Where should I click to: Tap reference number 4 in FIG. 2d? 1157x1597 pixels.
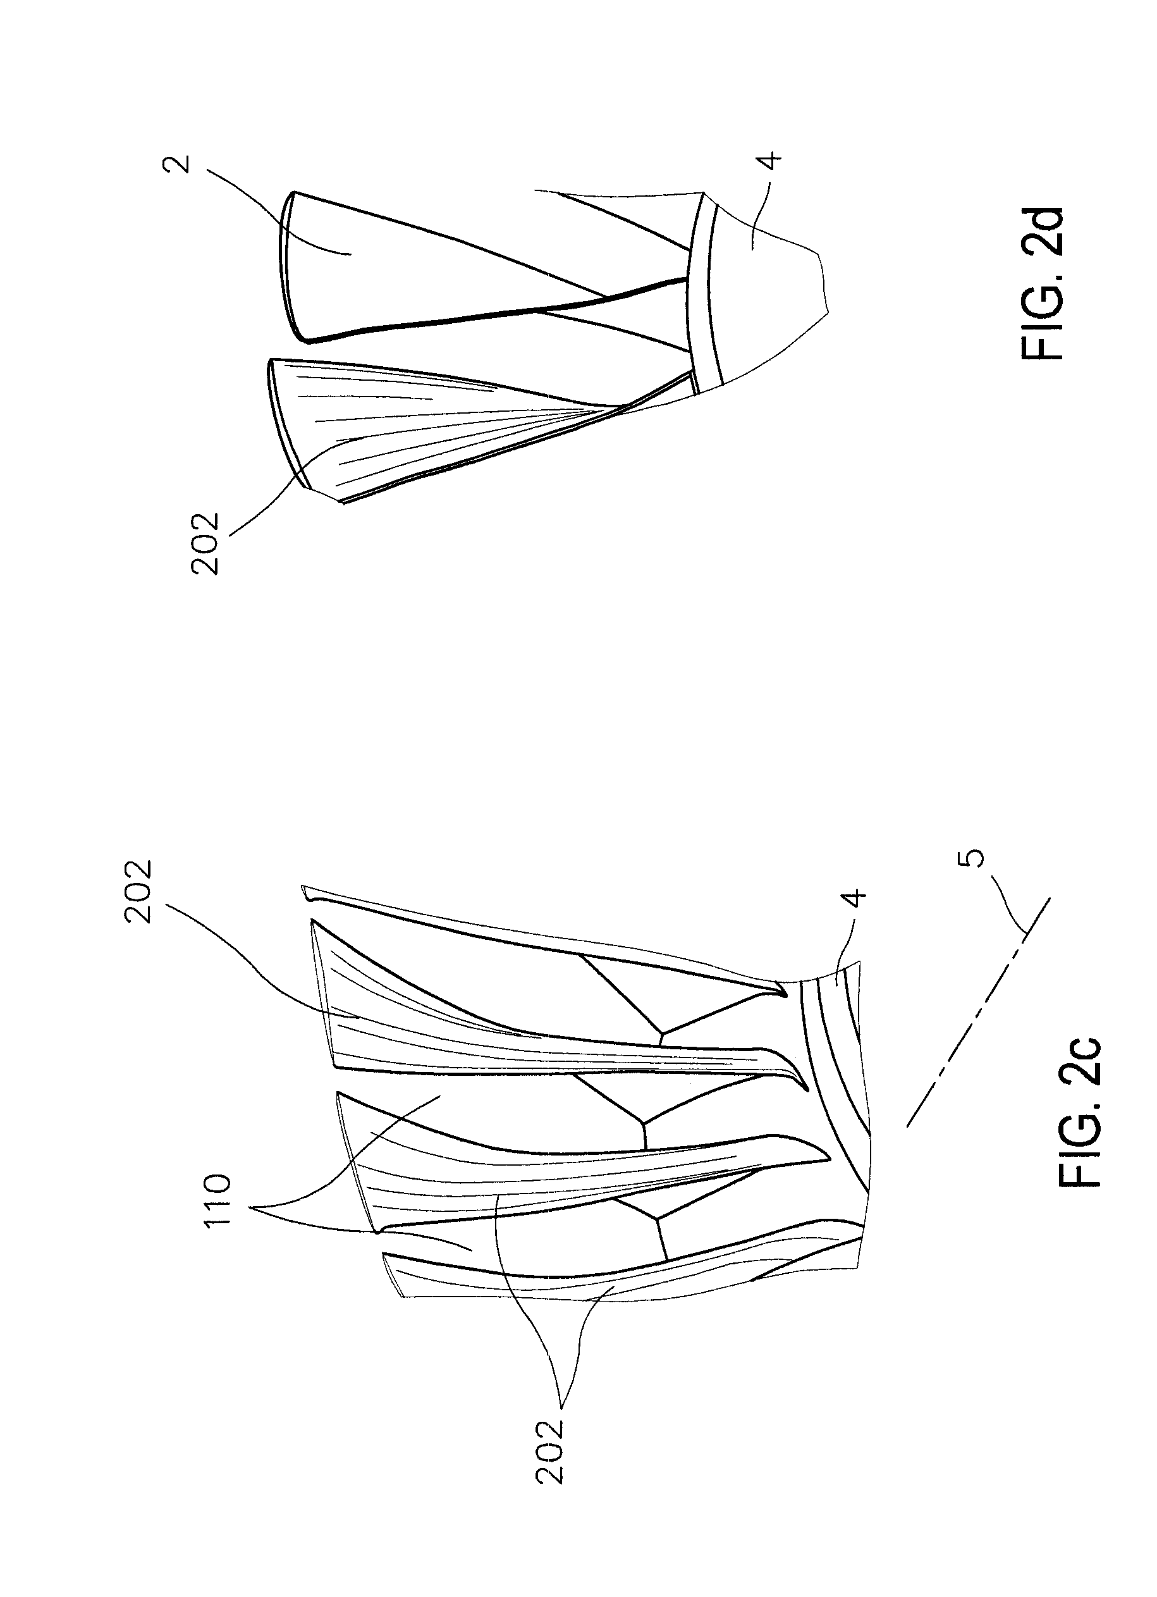point(772,160)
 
